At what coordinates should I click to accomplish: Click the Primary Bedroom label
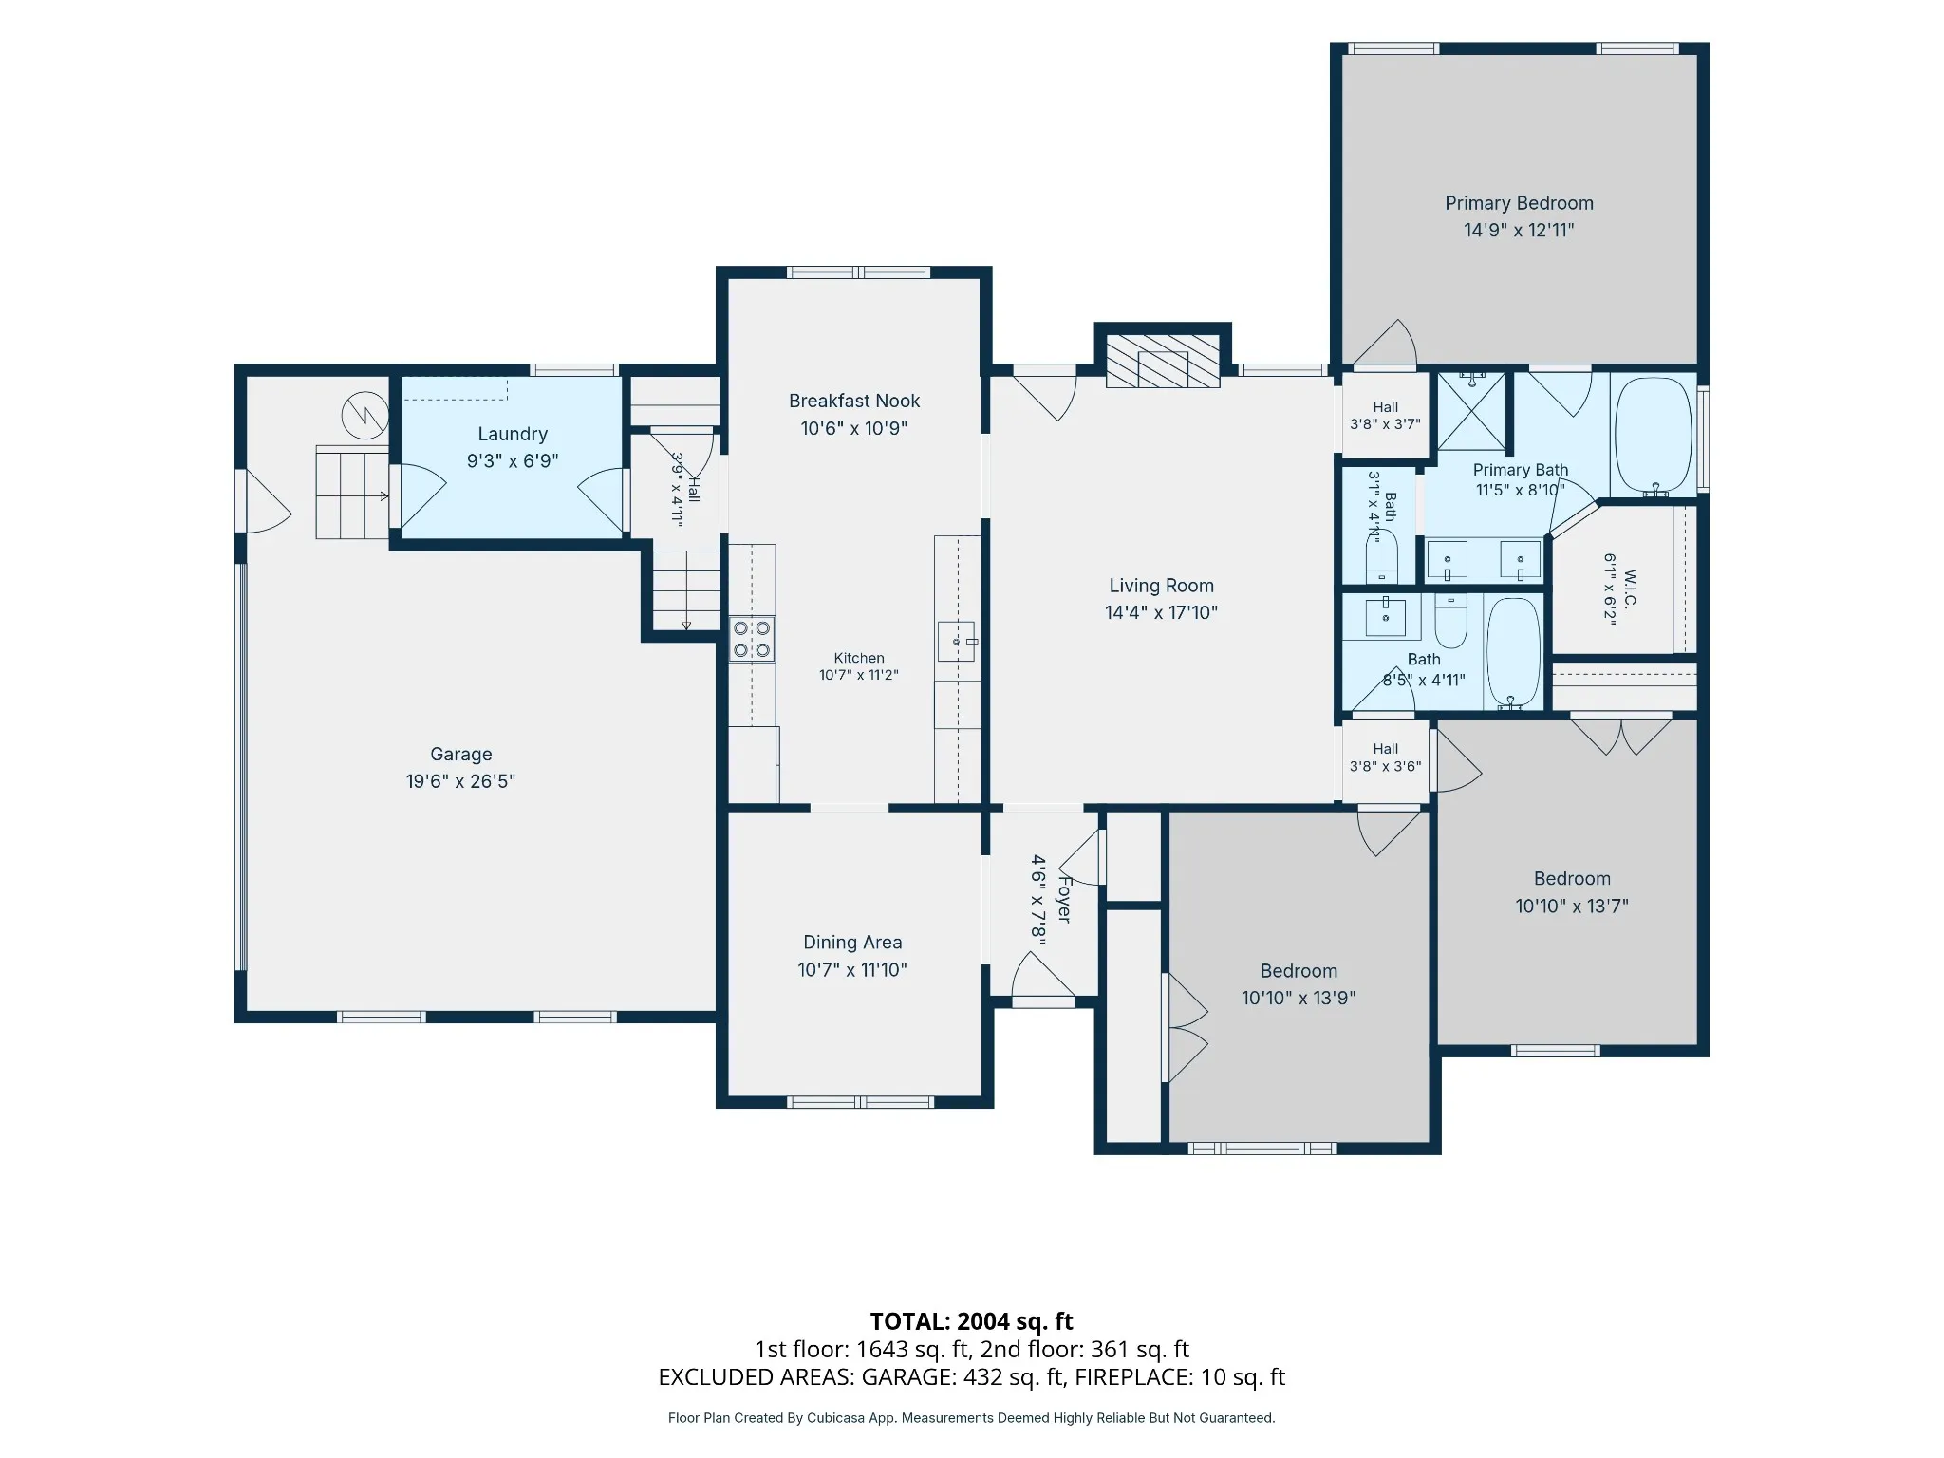point(1519,203)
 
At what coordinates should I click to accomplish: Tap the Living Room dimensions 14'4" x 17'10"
point(1161,612)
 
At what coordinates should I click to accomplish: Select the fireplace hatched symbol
point(1163,361)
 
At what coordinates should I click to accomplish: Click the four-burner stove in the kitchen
point(752,639)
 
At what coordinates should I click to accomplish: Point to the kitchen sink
point(957,641)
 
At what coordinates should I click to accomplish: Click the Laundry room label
point(513,434)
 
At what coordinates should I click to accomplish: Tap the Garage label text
point(461,755)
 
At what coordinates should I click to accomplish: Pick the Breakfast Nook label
point(854,401)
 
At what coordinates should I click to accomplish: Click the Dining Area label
point(852,943)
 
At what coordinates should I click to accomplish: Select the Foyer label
point(1064,899)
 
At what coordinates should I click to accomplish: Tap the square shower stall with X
point(1471,411)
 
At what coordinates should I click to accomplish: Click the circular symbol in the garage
point(365,415)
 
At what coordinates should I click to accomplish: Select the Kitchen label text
point(859,658)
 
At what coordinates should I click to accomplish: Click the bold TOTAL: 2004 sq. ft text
point(971,1321)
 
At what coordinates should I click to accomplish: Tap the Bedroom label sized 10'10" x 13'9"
point(1299,971)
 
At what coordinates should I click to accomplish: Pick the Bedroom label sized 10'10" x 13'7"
point(1572,879)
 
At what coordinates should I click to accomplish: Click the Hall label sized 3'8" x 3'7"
point(1385,407)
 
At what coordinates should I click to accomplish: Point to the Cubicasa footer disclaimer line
point(971,1418)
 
